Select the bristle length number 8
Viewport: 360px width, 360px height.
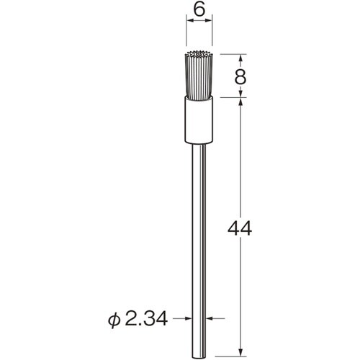click(x=241, y=76)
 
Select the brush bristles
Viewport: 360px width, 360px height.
click(x=200, y=76)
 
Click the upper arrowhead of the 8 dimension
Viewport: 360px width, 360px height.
click(x=241, y=57)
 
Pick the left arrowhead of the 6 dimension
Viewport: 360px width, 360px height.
click(x=190, y=23)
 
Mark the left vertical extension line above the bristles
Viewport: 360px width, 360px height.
click(x=187, y=36)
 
